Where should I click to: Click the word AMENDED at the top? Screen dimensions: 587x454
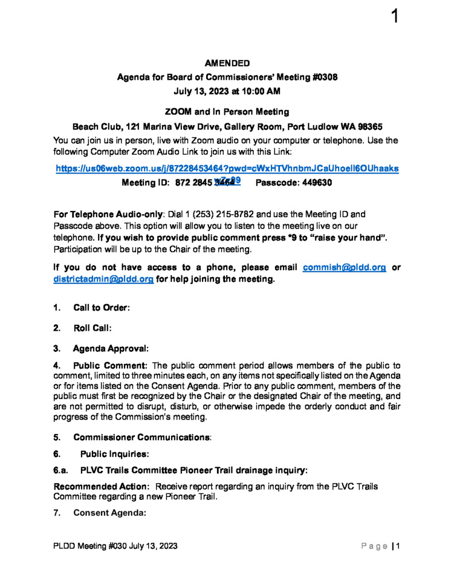pos(227,63)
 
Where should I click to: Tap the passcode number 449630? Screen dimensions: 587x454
pos(314,183)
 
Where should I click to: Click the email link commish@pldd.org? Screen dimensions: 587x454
pos(344,268)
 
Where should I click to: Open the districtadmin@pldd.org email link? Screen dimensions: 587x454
pos(103,279)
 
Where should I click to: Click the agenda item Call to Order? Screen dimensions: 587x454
pos(101,308)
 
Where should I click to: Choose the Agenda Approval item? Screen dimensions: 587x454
pos(110,348)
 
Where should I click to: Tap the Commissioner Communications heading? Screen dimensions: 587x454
pos(141,437)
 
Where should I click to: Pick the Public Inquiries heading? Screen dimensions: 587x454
pos(115,454)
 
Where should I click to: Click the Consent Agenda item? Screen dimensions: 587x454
pos(110,512)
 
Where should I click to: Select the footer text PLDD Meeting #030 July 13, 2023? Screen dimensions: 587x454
pos(115,546)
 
